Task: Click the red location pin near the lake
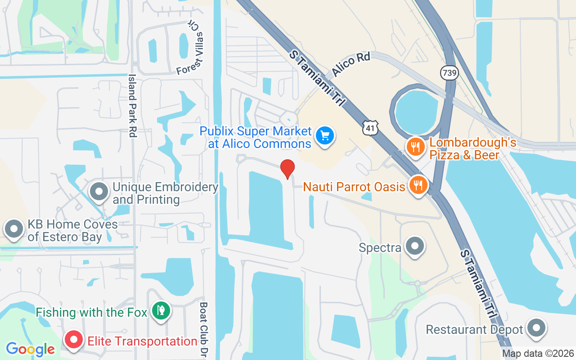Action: pyautogui.click(x=288, y=169)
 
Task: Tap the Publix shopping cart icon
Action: pyautogui.click(x=324, y=135)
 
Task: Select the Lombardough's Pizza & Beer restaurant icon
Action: pyautogui.click(x=416, y=147)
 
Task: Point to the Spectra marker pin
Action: pyautogui.click(x=414, y=246)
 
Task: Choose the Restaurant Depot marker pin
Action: pyautogui.click(x=536, y=328)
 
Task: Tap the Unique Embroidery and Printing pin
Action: pyautogui.click(x=99, y=192)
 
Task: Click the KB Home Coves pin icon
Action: pyautogui.click(x=14, y=229)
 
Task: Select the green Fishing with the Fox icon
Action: pyautogui.click(x=161, y=310)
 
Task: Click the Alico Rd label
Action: pyautogui.click(x=351, y=64)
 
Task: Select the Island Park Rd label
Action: pyautogui.click(x=132, y=106)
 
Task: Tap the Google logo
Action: pyautogui.click(x=30, y=349)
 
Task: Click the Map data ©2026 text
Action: pyautogui.click(x=538, y=354)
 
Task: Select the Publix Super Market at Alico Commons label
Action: pyautogui.click(x=256, y=137)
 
